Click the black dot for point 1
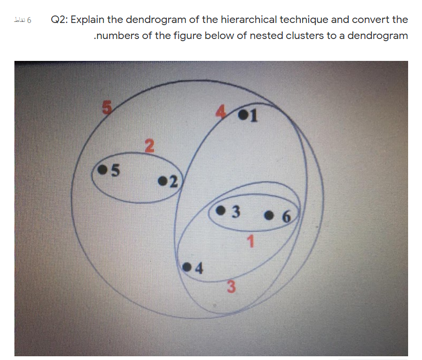pos(244,114)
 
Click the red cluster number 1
pos(250,241)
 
